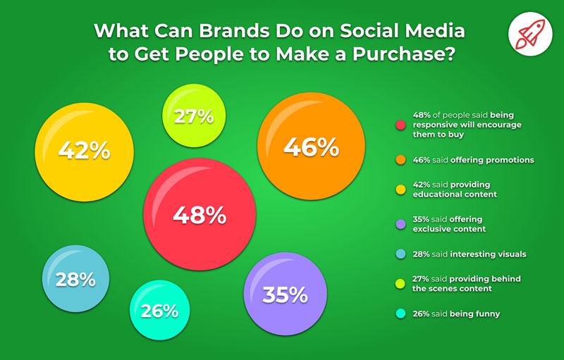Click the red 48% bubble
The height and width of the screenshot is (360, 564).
(x=200, y=216)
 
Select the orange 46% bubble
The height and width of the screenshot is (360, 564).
(x=311, y=147)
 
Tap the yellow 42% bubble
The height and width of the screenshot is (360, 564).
(x=84, y=150)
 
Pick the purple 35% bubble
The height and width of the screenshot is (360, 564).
(x=285, y=294)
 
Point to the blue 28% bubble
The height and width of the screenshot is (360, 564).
(x=76, y=279)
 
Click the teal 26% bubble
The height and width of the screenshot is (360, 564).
(x=159, y=310)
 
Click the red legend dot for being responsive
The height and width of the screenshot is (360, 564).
(x=400, y=125)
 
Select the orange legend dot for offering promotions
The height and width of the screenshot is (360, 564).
(x=400, y=160)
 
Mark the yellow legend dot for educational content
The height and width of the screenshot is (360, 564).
(x=400, y=190)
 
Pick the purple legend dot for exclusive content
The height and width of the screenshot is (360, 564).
(x=400, y=224)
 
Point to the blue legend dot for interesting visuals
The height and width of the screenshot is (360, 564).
(x=400, y=254)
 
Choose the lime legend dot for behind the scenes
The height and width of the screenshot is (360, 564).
(x=400, y=283)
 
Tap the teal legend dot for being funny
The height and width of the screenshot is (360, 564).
(x=400, y=314)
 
